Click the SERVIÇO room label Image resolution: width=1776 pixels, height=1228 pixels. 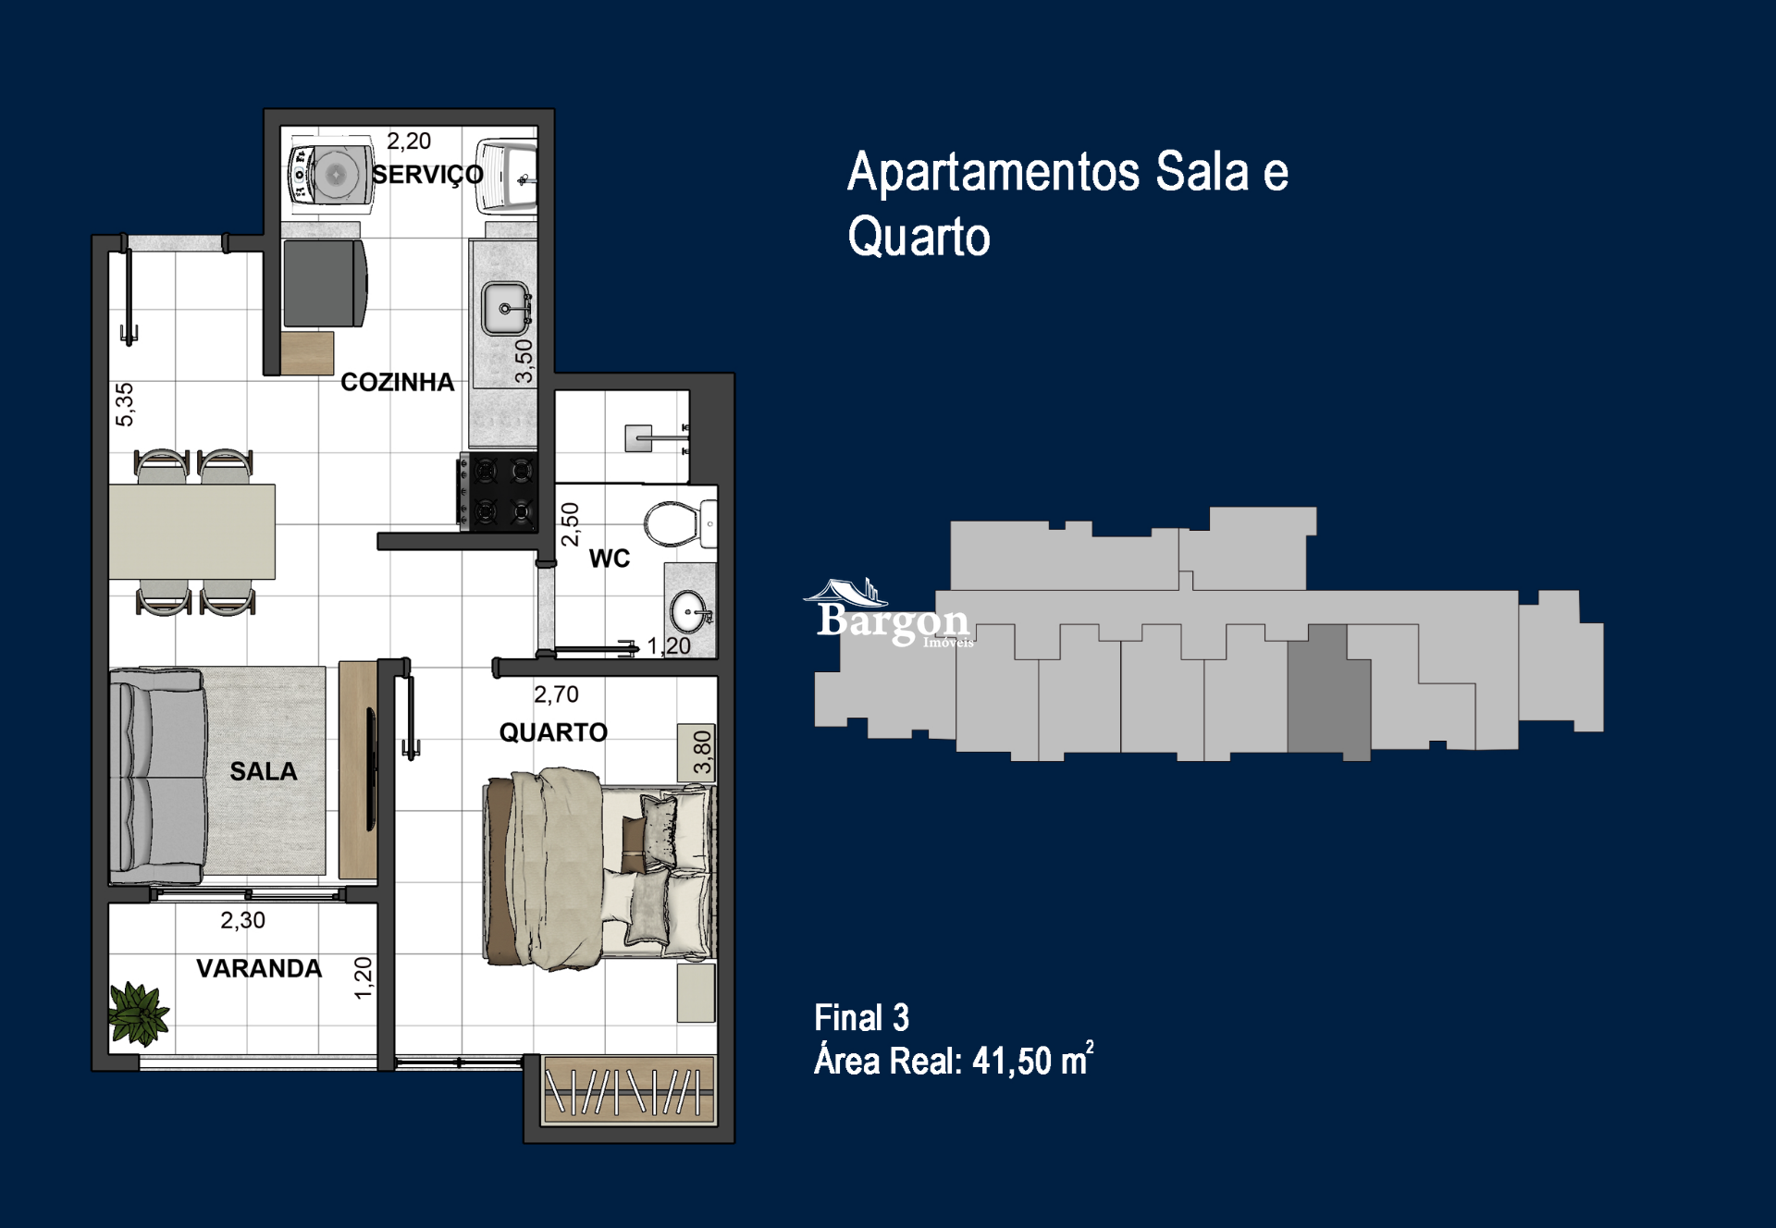pyautogui.click(x=427, y=175)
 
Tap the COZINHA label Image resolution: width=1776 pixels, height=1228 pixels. pyautogui.click(x=397, y=382)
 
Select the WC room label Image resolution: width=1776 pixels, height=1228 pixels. pyautogui.click(x=609, y=559)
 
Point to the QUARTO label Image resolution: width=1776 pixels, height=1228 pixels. pyautogui.click(x=553, y=732)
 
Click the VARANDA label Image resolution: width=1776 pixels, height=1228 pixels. pyautogui.click(x=259, y=968)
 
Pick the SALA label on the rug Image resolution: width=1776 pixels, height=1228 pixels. pyautogui.click(x=264, y=771)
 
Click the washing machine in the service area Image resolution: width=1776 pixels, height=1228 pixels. pyautogui.click(x=331, y=173)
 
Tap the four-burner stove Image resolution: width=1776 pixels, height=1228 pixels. pyautogui.click(x=499, y=491)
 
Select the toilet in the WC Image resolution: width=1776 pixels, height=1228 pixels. pyautogui.click(x=675, y=523)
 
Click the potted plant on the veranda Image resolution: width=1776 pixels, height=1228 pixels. pyautogui.click(x=139, y=1013)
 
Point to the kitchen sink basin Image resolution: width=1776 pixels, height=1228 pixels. pyautogui.click(x=505, y=308)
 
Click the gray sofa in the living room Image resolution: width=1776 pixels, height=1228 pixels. pyautogui.click(x=157, y=777)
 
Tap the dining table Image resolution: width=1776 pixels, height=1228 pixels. pyautogui.click(x=191, y=532)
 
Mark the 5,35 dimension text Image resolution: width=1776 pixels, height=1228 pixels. pyautogui.click(x=124, y=404)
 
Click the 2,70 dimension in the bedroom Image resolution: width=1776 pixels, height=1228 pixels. pyautogui.click(x=556, y=694)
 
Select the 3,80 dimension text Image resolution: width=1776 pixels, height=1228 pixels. pyautogui.click(x=702, y=752)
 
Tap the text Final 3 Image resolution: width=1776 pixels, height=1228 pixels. pyautogui.click(x=861, y=1018)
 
